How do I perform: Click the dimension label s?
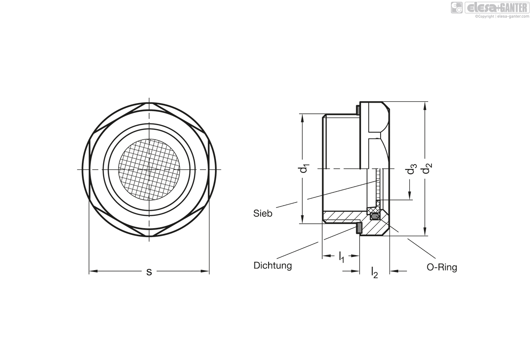[x=149, y=272]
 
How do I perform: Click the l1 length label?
[x=341, y=257]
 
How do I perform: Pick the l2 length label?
[x=374, y=272]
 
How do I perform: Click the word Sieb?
[x=263, y=213]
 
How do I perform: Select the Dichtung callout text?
[x=273, y=265]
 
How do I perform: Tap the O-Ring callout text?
[x=442, y=267]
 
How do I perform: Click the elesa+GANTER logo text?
[x=497, y=8]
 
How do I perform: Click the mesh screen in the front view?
[x=149, y=169]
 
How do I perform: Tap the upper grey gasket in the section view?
[x=358, y=110]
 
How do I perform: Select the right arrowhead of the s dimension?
[x=205, y=271]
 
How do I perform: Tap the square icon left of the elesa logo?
[x=457, y=8]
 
